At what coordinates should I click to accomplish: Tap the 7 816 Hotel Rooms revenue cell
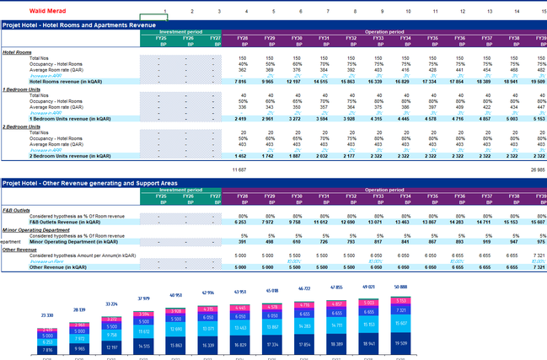coord(241,81)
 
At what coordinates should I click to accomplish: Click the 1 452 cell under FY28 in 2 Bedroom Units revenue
coord(241,156)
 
